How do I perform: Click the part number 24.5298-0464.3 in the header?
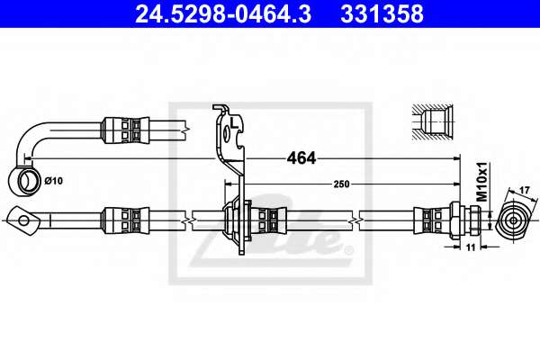click(223, 13)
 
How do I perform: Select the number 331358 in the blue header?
click(382, 13)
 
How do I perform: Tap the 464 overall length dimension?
click(301, 158)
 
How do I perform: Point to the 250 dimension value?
click(341, 184)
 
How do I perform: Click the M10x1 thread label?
click(482, 182)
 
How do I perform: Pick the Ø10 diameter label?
click(54, 180)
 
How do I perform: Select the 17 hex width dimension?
click(525, 190)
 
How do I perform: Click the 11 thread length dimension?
click(471, 247)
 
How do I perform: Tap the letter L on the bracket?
click(234, 122)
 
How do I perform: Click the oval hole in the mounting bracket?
click(226, 133)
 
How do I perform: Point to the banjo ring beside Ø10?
click(26, 181)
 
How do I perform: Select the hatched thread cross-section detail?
click(433, 122)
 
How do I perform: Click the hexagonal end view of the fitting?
click(513, 220)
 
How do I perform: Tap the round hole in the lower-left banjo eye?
click(23, 220)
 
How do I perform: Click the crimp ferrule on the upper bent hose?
click(125, 130)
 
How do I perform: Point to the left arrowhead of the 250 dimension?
click(229, 184)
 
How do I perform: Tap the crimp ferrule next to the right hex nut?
click(431, 220)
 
